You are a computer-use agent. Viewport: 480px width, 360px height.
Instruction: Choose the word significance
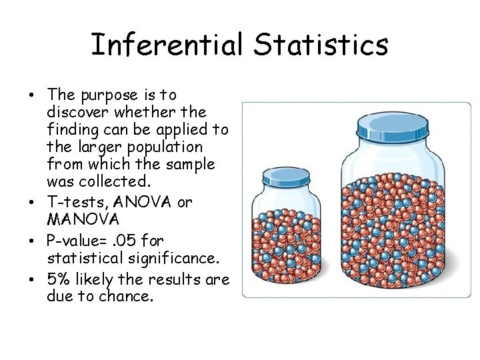[x=179, y=257]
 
